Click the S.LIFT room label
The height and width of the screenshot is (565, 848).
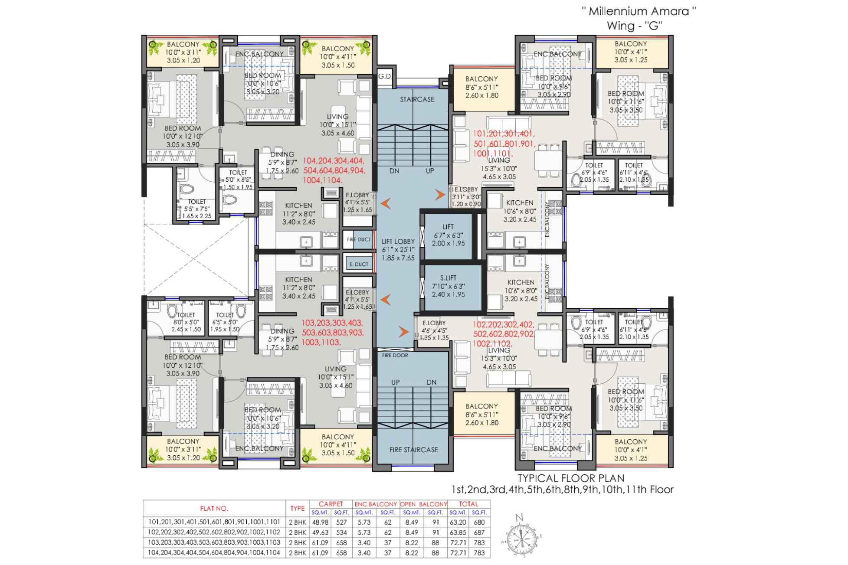[x=448, y=278]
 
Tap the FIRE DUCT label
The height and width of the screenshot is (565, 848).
[x=359, y=239]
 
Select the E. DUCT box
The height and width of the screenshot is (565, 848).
[x=359, y=264]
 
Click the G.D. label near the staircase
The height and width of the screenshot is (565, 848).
[x=384, y=76]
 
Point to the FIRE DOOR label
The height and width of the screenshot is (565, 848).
[x=395, y=356]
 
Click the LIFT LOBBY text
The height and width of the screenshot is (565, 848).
[x=398, y=242]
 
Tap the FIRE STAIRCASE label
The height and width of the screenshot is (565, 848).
[x=413, y=450]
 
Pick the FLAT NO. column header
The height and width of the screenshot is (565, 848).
[x=214, y=509]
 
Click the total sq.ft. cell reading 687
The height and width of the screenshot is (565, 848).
[x=479, y=532]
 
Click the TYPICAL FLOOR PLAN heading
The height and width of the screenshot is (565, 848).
[x=571, y=478]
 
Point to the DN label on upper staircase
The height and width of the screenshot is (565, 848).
[x=394, y=171]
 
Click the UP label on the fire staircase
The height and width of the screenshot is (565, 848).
[x=395, y=382]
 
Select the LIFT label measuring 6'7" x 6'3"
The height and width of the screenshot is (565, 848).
[x=448, y=227]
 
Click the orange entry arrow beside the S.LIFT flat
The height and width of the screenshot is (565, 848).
[x=404, y=332]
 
